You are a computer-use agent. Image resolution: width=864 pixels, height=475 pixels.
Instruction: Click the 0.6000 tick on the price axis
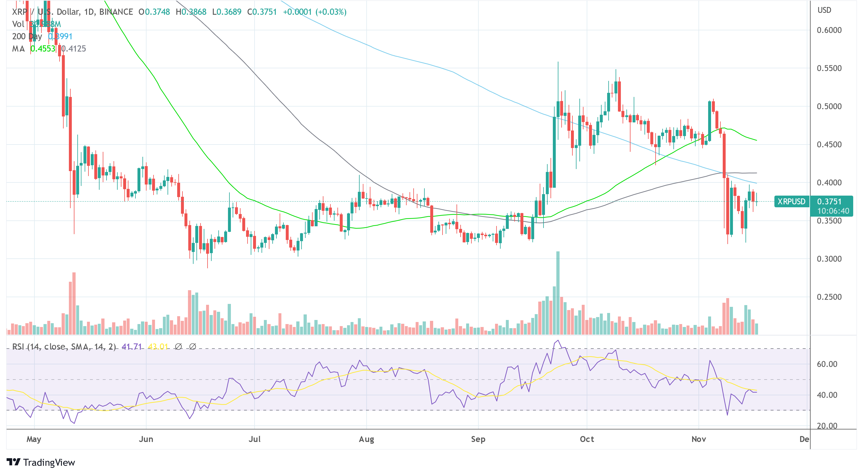tap(829, 30)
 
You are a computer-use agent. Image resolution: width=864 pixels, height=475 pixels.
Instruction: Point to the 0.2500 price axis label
tap(829, 297)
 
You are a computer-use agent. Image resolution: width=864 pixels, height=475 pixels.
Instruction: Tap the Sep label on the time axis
tap(478, 439)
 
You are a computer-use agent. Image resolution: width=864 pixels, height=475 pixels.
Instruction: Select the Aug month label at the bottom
tap(366, 439)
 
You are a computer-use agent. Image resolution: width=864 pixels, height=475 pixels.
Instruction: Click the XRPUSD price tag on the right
tap(791, 202)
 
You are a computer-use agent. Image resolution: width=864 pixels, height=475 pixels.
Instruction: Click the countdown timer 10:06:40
tap(833, 211)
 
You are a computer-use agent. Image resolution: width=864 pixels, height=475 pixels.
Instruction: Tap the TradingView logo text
tap(49, 462)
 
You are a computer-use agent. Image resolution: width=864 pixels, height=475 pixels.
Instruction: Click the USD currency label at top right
tap(824, 10)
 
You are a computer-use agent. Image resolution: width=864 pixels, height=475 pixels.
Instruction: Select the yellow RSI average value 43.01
tap(158, 347)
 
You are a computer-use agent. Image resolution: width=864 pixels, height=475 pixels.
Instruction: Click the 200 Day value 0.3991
tap(60, 36)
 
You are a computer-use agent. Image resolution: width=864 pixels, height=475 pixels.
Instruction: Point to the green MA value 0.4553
tap(43, 49)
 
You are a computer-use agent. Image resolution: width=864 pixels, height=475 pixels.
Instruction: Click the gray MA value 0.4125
tap(74, 49)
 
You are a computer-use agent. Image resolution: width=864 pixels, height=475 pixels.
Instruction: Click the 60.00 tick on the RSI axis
tap(827, 364)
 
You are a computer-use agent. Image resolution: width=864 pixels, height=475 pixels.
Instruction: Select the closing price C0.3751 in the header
tap(262, 12)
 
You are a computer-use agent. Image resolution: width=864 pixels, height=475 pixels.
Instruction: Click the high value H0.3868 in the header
tap(191, 12)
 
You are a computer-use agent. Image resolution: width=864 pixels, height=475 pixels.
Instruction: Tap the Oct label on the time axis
tap(587, 439)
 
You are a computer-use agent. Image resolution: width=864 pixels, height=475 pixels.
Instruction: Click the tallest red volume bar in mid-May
tap(74, 303)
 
